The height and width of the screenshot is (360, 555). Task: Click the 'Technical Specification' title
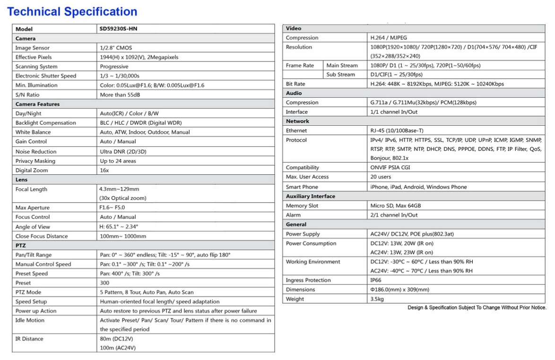72,11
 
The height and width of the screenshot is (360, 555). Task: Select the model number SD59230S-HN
118,29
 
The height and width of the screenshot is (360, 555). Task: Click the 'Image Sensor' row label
32,48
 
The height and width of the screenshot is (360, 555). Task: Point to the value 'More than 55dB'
120,94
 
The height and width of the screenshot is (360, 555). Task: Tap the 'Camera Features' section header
37,104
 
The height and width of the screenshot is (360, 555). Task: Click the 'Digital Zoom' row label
32,170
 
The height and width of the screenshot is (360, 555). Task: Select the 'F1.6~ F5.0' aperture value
113,207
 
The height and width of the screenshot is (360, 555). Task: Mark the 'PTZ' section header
21,245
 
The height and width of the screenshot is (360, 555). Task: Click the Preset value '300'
104,283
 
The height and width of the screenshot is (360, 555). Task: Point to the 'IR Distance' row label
29,339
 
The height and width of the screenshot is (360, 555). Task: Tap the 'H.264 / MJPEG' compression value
389,38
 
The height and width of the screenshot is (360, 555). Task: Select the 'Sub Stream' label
340,75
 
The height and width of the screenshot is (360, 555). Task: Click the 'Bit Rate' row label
295,84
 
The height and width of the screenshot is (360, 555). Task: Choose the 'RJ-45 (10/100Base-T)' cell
397,130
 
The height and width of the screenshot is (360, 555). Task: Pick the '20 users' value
381,177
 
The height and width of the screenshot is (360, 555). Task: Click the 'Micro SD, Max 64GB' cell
395,206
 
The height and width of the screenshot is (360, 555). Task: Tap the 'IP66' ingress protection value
377,280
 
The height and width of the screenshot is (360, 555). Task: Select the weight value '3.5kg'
377,299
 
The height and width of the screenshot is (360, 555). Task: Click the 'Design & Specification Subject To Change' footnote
477,308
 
